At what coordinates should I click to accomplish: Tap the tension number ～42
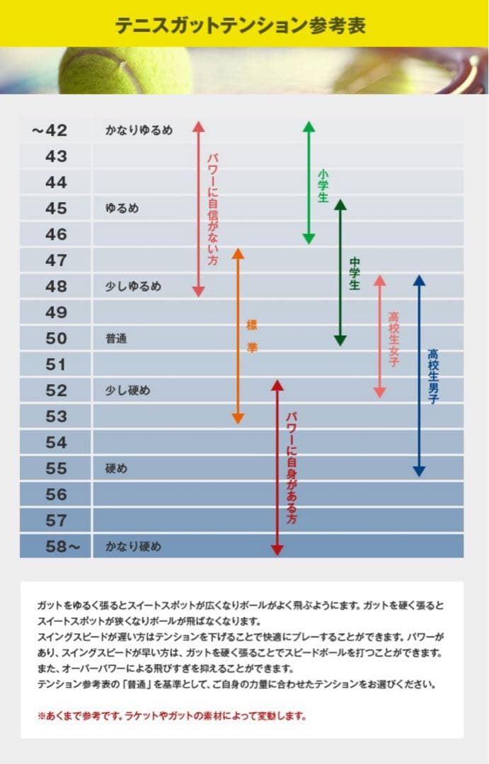coord(50,130)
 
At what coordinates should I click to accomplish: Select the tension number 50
coord(56,338)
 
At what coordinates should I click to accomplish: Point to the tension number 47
coord(56,260)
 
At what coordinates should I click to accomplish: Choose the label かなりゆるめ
coord(139,130)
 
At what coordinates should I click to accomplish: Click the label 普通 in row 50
coord(116,338)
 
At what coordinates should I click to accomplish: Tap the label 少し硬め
coord(127,390)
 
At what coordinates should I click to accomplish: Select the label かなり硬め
coord(133,546)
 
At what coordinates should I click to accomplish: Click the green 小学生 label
coord(323,185)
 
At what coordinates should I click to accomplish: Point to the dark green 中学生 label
coord(355,274)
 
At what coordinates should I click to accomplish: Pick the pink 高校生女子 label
coord(393,340)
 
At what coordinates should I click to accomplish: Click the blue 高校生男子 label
coord(433,376)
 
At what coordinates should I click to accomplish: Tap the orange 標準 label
coord(252,336)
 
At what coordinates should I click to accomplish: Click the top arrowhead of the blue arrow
coord(419,280)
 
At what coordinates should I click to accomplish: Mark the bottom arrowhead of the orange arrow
coord(238,419)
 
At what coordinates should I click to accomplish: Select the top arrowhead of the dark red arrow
coord(277,386)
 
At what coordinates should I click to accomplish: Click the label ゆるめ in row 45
coord(122,209)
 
